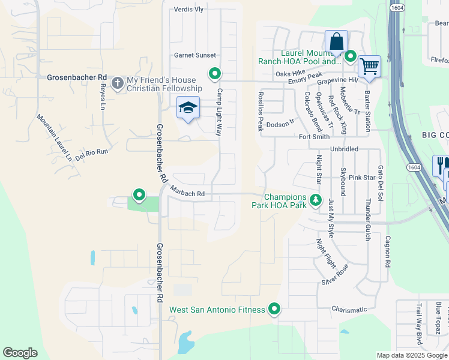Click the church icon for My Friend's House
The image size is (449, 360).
(x=117, y=82)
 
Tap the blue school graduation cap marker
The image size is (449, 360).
(x=188, y=109)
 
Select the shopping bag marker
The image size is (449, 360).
(x=336, y=42)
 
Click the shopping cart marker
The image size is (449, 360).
(x=369, y=65)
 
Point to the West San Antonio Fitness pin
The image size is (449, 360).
(x=274, y=309)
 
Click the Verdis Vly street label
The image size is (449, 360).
(x=188, y=10)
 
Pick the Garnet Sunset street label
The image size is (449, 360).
(x=194, y=55)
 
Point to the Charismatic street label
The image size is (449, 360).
(x=349, y=310)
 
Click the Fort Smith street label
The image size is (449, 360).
(x=315, y=137)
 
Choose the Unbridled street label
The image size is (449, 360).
(x=344, y=149)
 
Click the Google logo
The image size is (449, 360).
(x=20, y=353)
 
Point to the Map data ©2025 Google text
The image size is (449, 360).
(x=411, y=355)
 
